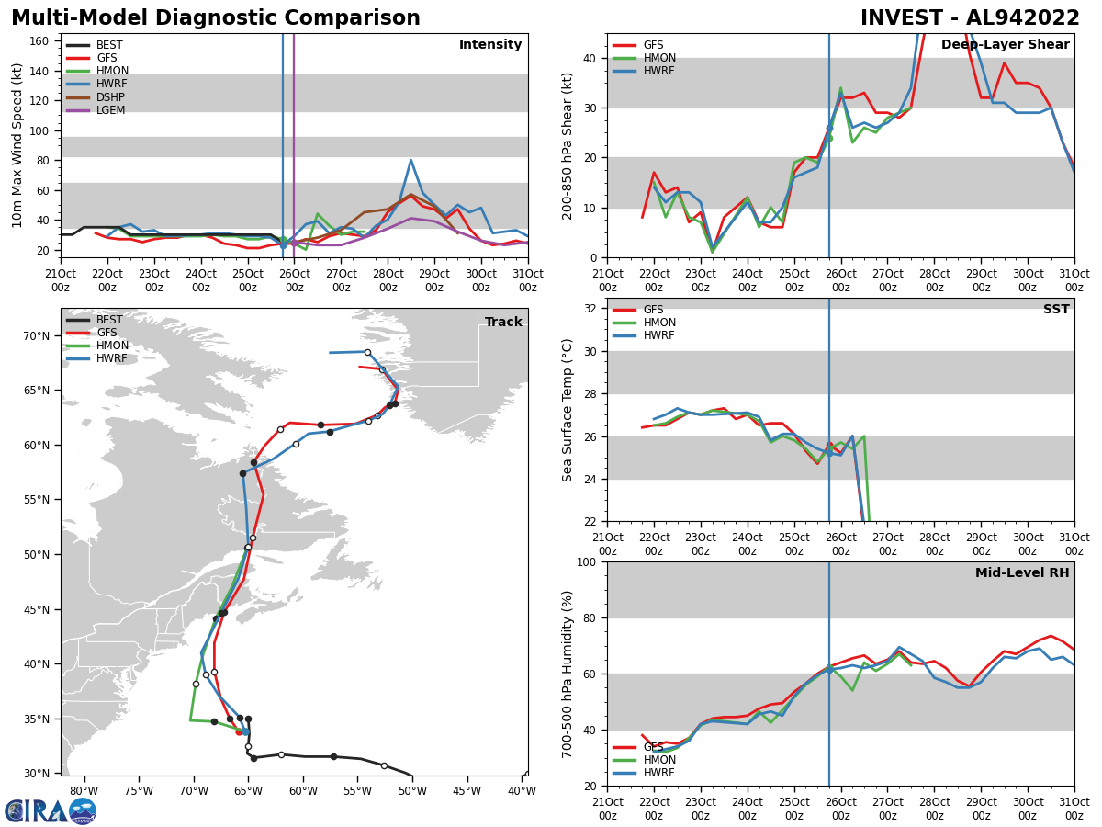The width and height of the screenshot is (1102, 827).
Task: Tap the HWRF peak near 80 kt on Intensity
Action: click(x=410, y=160)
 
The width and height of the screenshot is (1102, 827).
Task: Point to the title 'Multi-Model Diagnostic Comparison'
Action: click(x=216, y=18)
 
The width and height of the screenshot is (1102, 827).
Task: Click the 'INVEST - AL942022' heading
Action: click(x=970, y=18)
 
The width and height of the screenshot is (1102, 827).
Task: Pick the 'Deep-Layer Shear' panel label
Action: click(x=1005, y=45)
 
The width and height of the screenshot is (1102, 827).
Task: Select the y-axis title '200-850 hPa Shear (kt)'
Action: click(x=568, y=145)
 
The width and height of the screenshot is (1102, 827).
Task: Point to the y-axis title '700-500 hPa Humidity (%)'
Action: click(x=568, y=674)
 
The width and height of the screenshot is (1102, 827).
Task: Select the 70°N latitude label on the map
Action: click(x=35, y=336)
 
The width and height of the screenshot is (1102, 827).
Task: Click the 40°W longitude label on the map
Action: click(x=522, y=791)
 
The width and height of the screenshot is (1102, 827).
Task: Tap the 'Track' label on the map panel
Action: click(x=503, y=323)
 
